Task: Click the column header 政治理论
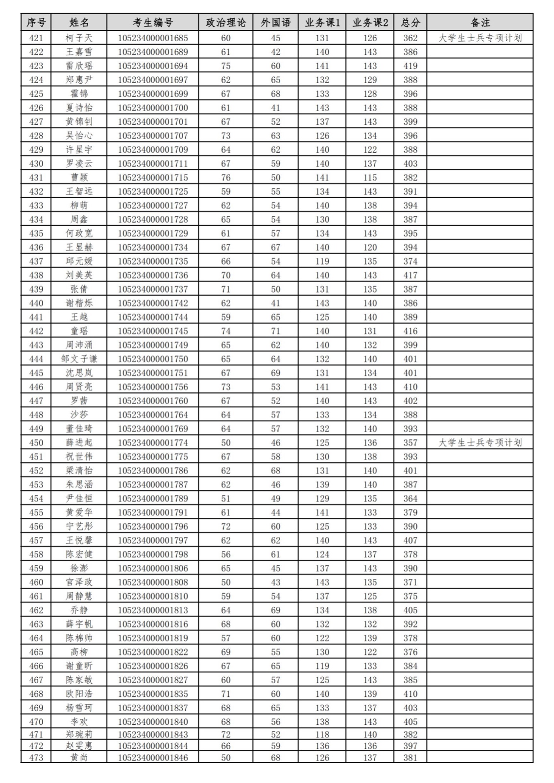tap(226, 23)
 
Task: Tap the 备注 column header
tap(480, 23)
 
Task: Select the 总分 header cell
tap(410, 23)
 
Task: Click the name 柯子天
tap(79, 38)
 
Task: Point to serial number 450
tap(36, 442)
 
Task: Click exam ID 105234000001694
tap(153, 66)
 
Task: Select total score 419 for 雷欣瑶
tap(410, 66)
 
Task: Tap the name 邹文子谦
tap(79, 359)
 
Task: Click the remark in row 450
tap(480, 442)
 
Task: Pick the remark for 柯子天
tap(480, 38)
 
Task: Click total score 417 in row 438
tap(410, 275)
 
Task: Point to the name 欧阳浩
tap(79, 693)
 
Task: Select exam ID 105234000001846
tap(153, 758)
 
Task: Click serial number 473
tap(36, 758)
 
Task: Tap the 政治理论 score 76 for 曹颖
tap(226, 177)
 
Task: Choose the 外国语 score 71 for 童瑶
tap(276, 331)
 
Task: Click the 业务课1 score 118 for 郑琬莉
tap(322, 734)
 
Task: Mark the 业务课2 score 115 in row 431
tap(370, 177)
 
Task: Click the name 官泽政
tap(79, 582)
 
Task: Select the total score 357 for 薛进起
tap(410, 442)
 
